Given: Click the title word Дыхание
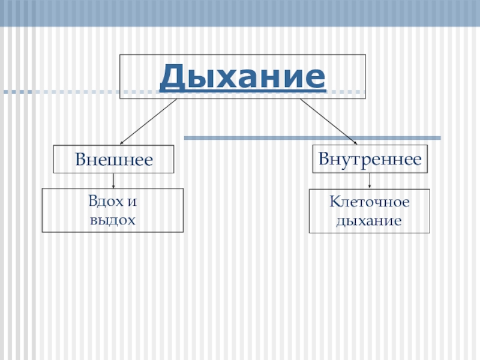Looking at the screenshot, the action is tap(242, 77).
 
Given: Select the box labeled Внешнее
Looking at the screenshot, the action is tap(114, 159).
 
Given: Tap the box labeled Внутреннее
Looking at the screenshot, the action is tap(370, 159).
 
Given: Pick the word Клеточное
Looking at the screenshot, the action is tap(369, 203).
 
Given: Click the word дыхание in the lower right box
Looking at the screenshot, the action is tap(368, 221).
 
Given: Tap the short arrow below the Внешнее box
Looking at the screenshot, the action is tap(113, 181).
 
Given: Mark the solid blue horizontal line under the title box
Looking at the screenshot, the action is tap(312, 139).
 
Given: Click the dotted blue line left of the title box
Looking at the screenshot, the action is tap(60, 92).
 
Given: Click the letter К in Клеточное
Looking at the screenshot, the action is tap(332, 203).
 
